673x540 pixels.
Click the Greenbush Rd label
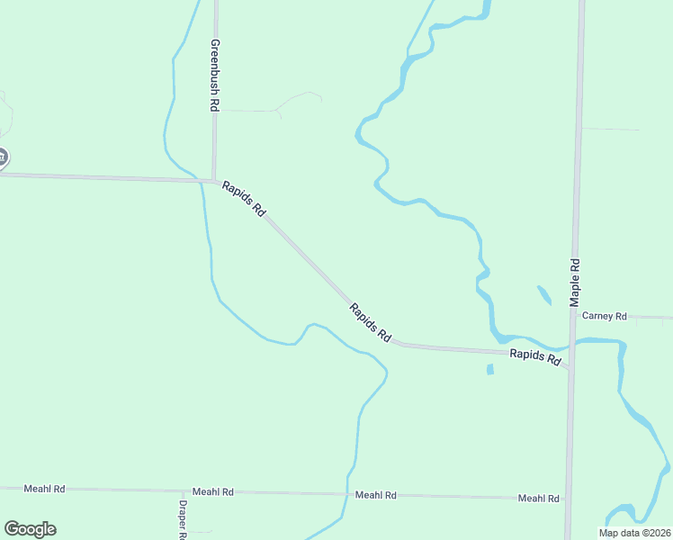click(x=215, y=75)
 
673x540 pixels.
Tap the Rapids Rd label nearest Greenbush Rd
click(x=245, y=198)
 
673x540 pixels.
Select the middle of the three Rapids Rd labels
click(x=371, y=322)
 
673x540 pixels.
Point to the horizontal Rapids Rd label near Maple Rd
click(x=535, y=356)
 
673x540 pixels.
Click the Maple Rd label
click(x=574, y=283)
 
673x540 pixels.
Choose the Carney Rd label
click(x=604, y=316)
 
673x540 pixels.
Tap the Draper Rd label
click(x=182, y=521)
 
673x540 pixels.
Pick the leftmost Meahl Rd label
click(x=44, y=489)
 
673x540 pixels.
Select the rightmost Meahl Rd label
click(x=538, y=499)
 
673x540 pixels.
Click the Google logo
click(x=30, y=529)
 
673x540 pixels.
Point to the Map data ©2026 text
click(x=635, y=533)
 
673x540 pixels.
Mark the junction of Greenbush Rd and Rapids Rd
click(x=214, y=180)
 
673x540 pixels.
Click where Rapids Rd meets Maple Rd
click(x=570, y=365)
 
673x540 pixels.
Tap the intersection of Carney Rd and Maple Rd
click(x=572, y=316)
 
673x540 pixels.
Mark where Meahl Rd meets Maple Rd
click(x=568, y=499)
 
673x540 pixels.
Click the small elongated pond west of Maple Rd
click(x=543, y=295)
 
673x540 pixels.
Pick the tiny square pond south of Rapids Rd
click(x=489, y=369)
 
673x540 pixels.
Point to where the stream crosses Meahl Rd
click(x=347, y=494)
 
